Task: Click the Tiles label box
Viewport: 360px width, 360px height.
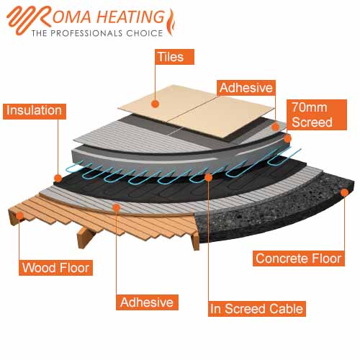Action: (174, 57)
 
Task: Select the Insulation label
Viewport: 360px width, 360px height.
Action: (35, 112)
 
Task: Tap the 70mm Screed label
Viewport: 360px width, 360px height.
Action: (317, 114)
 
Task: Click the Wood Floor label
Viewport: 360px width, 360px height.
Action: (55, 268)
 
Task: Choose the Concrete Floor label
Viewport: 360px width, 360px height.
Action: (299, 258)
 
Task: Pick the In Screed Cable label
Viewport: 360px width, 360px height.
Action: (257, 309)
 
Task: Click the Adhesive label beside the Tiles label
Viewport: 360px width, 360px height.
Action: (246, 88)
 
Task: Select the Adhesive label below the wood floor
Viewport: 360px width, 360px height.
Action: (147, 302)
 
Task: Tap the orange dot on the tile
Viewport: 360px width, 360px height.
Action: (156, 104)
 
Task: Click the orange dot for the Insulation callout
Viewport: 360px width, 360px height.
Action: (58, 178)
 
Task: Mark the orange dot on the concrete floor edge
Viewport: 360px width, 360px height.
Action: (345, 192)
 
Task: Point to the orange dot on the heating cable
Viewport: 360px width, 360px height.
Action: (208, 177)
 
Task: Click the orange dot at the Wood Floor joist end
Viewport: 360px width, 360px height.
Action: (19, 215)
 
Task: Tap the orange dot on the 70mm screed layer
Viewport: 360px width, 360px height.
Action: (287, 138)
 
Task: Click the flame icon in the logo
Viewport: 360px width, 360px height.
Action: (171, 22)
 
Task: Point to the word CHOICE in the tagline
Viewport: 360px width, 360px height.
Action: (145, 33)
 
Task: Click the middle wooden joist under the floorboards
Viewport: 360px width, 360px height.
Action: (84, 237)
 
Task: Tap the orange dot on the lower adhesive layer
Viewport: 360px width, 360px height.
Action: (117, 207)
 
